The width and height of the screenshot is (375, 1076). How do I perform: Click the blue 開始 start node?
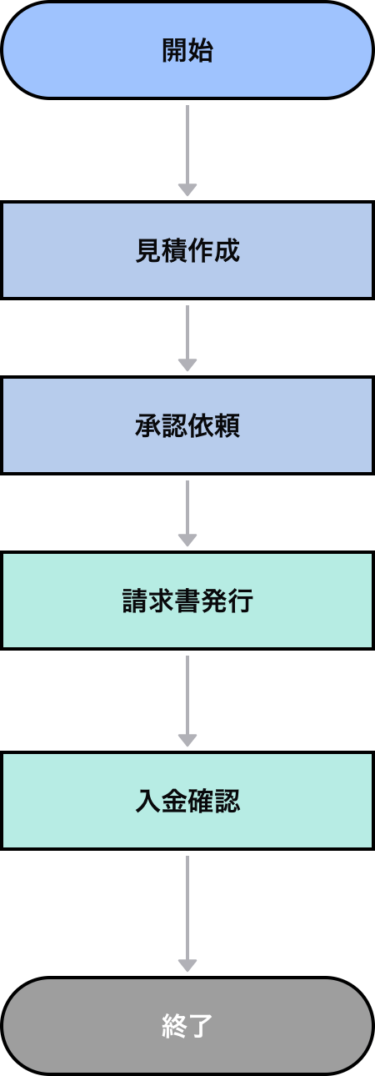click(x=187, y=50)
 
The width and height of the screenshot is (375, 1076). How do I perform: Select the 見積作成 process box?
click(x=187, y=250)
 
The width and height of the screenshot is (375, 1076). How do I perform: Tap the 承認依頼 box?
click(x=187, y=425)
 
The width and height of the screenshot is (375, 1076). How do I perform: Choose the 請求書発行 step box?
click(x=187, y=601)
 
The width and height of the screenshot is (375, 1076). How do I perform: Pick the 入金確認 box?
click(x=187, y=801)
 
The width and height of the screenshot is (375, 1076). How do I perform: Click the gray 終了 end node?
click(x=187, y=1026)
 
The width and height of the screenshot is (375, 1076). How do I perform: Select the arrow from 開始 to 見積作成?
click(x=187, y=146)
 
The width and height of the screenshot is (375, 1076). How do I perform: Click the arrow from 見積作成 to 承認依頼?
click(x=187, y=334)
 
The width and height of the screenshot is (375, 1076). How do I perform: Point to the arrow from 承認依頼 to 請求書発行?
click(x=187, y=509)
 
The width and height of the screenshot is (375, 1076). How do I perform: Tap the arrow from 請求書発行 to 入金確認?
click(x=187, y=696)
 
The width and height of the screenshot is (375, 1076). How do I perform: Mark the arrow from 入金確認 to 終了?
click(x=187, y=909)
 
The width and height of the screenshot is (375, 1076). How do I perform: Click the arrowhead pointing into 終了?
click(x=187, y=966)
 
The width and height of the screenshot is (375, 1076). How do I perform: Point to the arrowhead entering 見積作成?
click(x=187, y=190)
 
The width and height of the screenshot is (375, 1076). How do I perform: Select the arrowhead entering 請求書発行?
click(x=187, y=541)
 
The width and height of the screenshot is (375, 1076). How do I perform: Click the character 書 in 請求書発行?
click(x=187, y=601)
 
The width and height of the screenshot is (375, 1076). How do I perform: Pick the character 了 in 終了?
click(x=201, y=1026)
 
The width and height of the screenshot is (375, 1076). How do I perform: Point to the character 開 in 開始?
click(x=174, y=50)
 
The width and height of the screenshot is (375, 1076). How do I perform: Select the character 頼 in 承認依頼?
click(x=227, y=425)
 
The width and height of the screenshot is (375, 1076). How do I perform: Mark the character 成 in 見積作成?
click(x=227, y=250)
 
